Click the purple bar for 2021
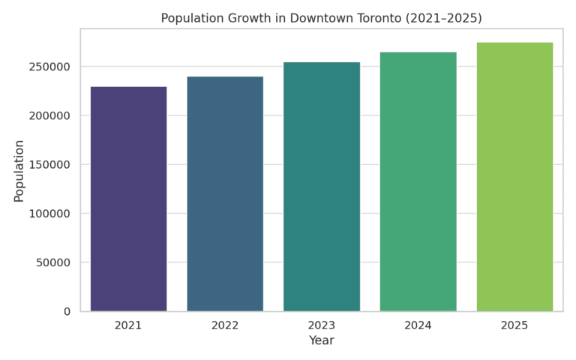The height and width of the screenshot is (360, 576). (128, 199)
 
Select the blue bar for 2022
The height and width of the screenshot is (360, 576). (225, 194)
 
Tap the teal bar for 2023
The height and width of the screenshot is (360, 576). (322, 187)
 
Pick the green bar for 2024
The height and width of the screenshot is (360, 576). (418, 181)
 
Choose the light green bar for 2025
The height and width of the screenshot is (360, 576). (515, 177)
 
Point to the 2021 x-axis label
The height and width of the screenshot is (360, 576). (128, 325)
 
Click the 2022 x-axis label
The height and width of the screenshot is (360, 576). (225, 325)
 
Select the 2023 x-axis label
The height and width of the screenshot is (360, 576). (322, 325)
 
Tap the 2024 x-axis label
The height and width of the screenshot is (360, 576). (418, 325)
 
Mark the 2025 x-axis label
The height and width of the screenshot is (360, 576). (514, 325)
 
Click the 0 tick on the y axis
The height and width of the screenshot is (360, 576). (67, 311)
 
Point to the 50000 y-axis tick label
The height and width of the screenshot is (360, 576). (53, 262)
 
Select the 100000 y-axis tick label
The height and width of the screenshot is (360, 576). (49, 214)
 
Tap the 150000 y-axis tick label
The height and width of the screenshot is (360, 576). (49, 164)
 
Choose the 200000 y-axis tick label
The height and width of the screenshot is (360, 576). (49, 115)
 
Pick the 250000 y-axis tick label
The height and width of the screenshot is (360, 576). (49, 67)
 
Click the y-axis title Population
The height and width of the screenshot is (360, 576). (19, 171)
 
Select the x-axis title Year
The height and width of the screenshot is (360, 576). (322, 340)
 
